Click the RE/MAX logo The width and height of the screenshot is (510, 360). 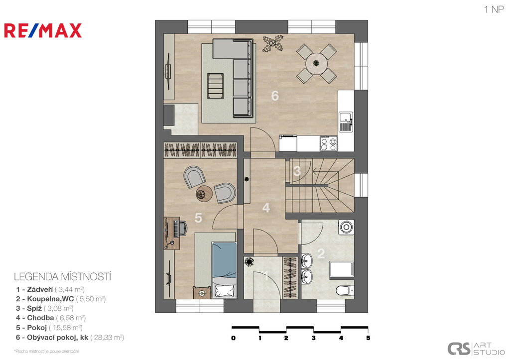tap(43, 30)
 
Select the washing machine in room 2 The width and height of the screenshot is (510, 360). tap(346, 227)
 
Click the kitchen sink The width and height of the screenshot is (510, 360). tap(346, 122)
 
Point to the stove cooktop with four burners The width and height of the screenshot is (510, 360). tap(328, 143)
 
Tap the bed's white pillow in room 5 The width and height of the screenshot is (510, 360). tap(225, 290)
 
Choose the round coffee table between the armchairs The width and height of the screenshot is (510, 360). tap(204, 194)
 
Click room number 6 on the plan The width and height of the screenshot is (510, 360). tap(275, 96)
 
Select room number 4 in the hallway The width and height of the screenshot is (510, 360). tap(266, 208)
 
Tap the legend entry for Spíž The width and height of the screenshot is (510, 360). tap(44, 308)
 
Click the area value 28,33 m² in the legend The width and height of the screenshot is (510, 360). tap(107, 338)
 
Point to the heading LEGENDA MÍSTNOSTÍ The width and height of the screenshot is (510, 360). tap(62, 277)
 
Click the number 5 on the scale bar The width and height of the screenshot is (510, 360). tap(368, 338)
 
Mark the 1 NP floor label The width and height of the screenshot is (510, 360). tap(494, 9)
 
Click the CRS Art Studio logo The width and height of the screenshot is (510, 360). tap(476, 349)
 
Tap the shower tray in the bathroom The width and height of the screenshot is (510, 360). tap(342, 270)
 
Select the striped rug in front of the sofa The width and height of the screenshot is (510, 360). tap(216, 86)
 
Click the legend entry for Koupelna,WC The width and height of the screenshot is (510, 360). tap(60, 299)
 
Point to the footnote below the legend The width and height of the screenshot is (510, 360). tap(46, 351)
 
